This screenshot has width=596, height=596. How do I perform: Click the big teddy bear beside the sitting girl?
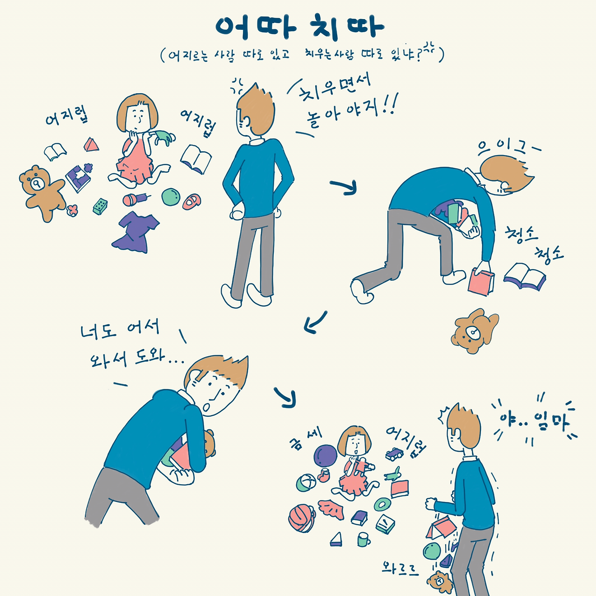coord(42,192)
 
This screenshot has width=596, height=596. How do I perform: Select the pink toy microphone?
coord(135,199)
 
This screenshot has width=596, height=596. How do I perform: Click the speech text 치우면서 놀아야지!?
coord(342,102)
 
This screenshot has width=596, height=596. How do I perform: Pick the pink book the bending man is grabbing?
coord(481,281)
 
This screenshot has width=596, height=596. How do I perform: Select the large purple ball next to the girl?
coord(325,456)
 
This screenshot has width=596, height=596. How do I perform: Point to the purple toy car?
coord(394,454)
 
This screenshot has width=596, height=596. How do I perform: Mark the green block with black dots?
coord(100,206)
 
